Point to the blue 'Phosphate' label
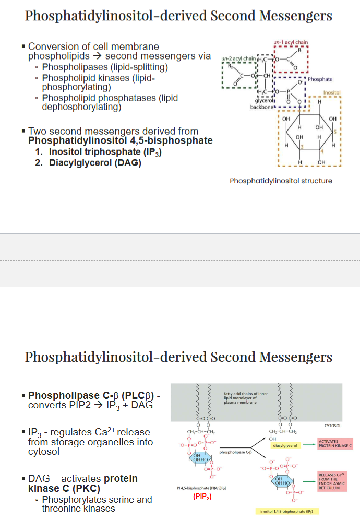pyautogui.click(x=320, y=79)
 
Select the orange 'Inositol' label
pyautogui.click(x=332, y=92)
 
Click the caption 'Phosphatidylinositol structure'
pyautogui.click(x=281, y=181)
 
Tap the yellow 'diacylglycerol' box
pyautogui.click(x=285, y=445)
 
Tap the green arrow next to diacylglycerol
pyautogui.click(x=308, y=445)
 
